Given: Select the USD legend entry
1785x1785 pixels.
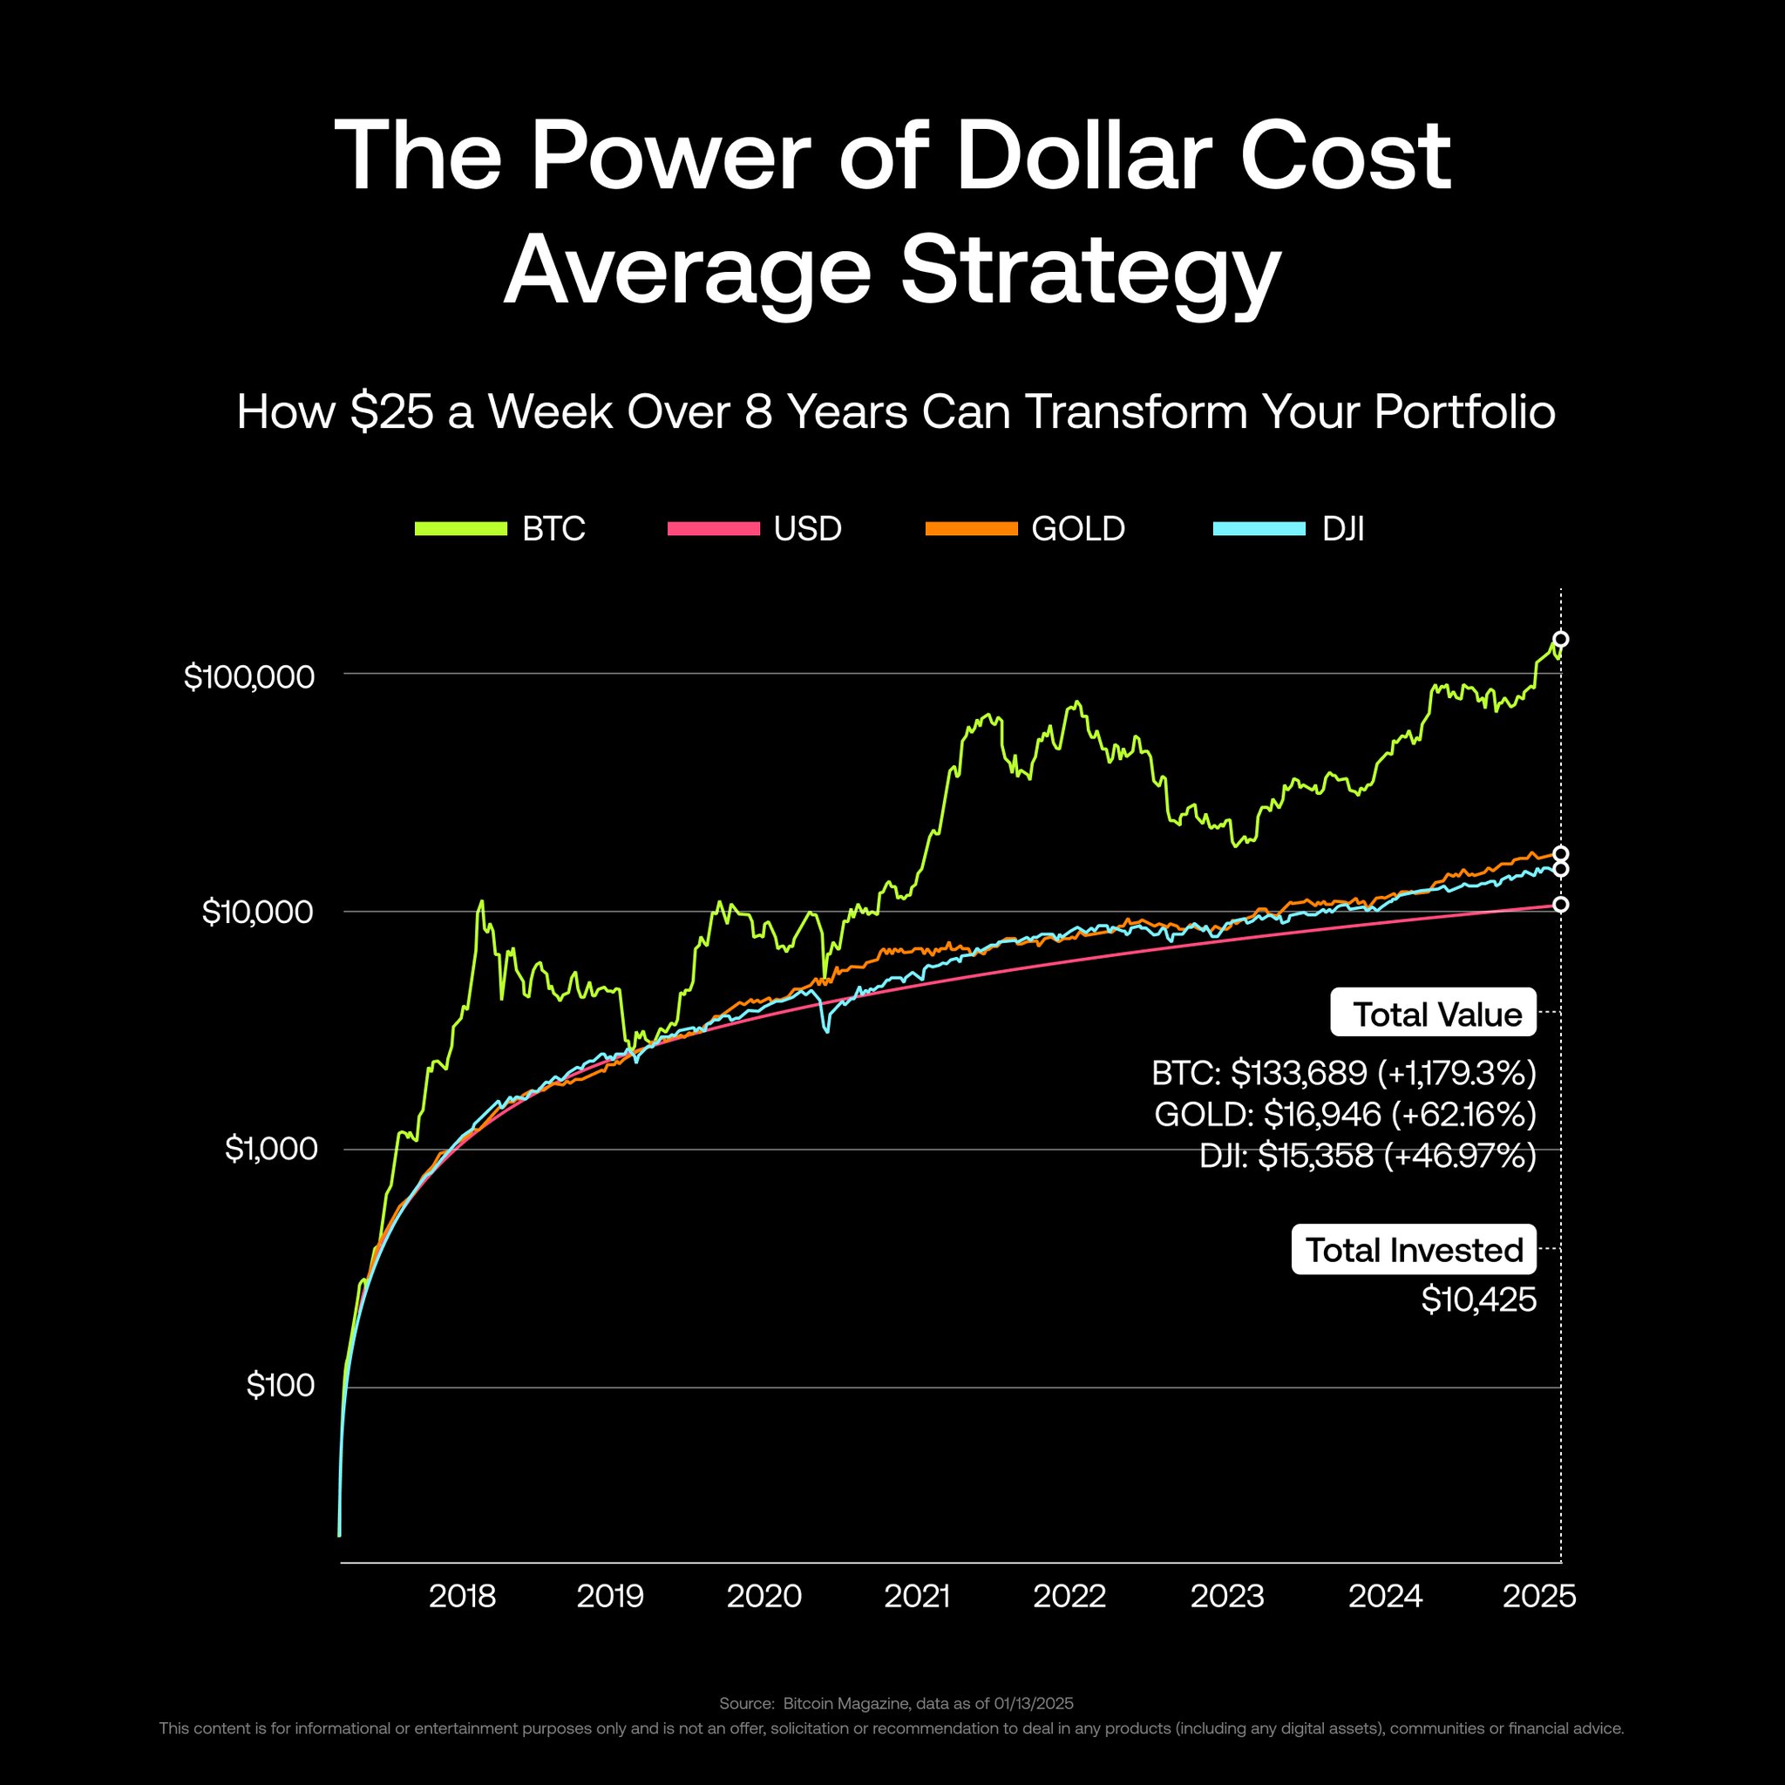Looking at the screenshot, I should click(x=754, y=528).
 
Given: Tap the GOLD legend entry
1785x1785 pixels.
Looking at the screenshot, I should click(x=1026, y=528).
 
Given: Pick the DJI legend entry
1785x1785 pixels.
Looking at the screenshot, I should click(x=1289, y=528).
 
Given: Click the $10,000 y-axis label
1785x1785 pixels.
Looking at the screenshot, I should click(x=258, y=913).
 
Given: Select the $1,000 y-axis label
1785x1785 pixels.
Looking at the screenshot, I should click(x=271, y=1150).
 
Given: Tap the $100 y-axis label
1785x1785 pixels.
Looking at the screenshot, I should click(x=281, y=1386).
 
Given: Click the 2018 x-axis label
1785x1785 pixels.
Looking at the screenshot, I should click(x=462, y=1596).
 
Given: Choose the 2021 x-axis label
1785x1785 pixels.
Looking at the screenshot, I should click(x=917, y=1596).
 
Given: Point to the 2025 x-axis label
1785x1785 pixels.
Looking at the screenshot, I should click(x=1539, y=1596).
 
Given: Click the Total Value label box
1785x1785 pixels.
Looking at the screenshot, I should click(x=1433, y=1014).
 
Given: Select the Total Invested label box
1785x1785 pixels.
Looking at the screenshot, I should click(x=1414, y=1249).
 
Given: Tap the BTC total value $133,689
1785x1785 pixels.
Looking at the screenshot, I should click(x=1299, y=1073).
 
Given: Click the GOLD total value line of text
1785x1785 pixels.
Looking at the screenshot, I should click(x=1345, y=1114).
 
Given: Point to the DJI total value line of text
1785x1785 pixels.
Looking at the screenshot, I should click(x=1368, y=1156).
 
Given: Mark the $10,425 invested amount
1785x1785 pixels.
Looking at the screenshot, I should click(x=1478, y=1300).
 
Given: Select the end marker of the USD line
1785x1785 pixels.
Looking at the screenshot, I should click(x=1560, y=905).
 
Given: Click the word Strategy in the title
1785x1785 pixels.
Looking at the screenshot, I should click(x=1090, y=270).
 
